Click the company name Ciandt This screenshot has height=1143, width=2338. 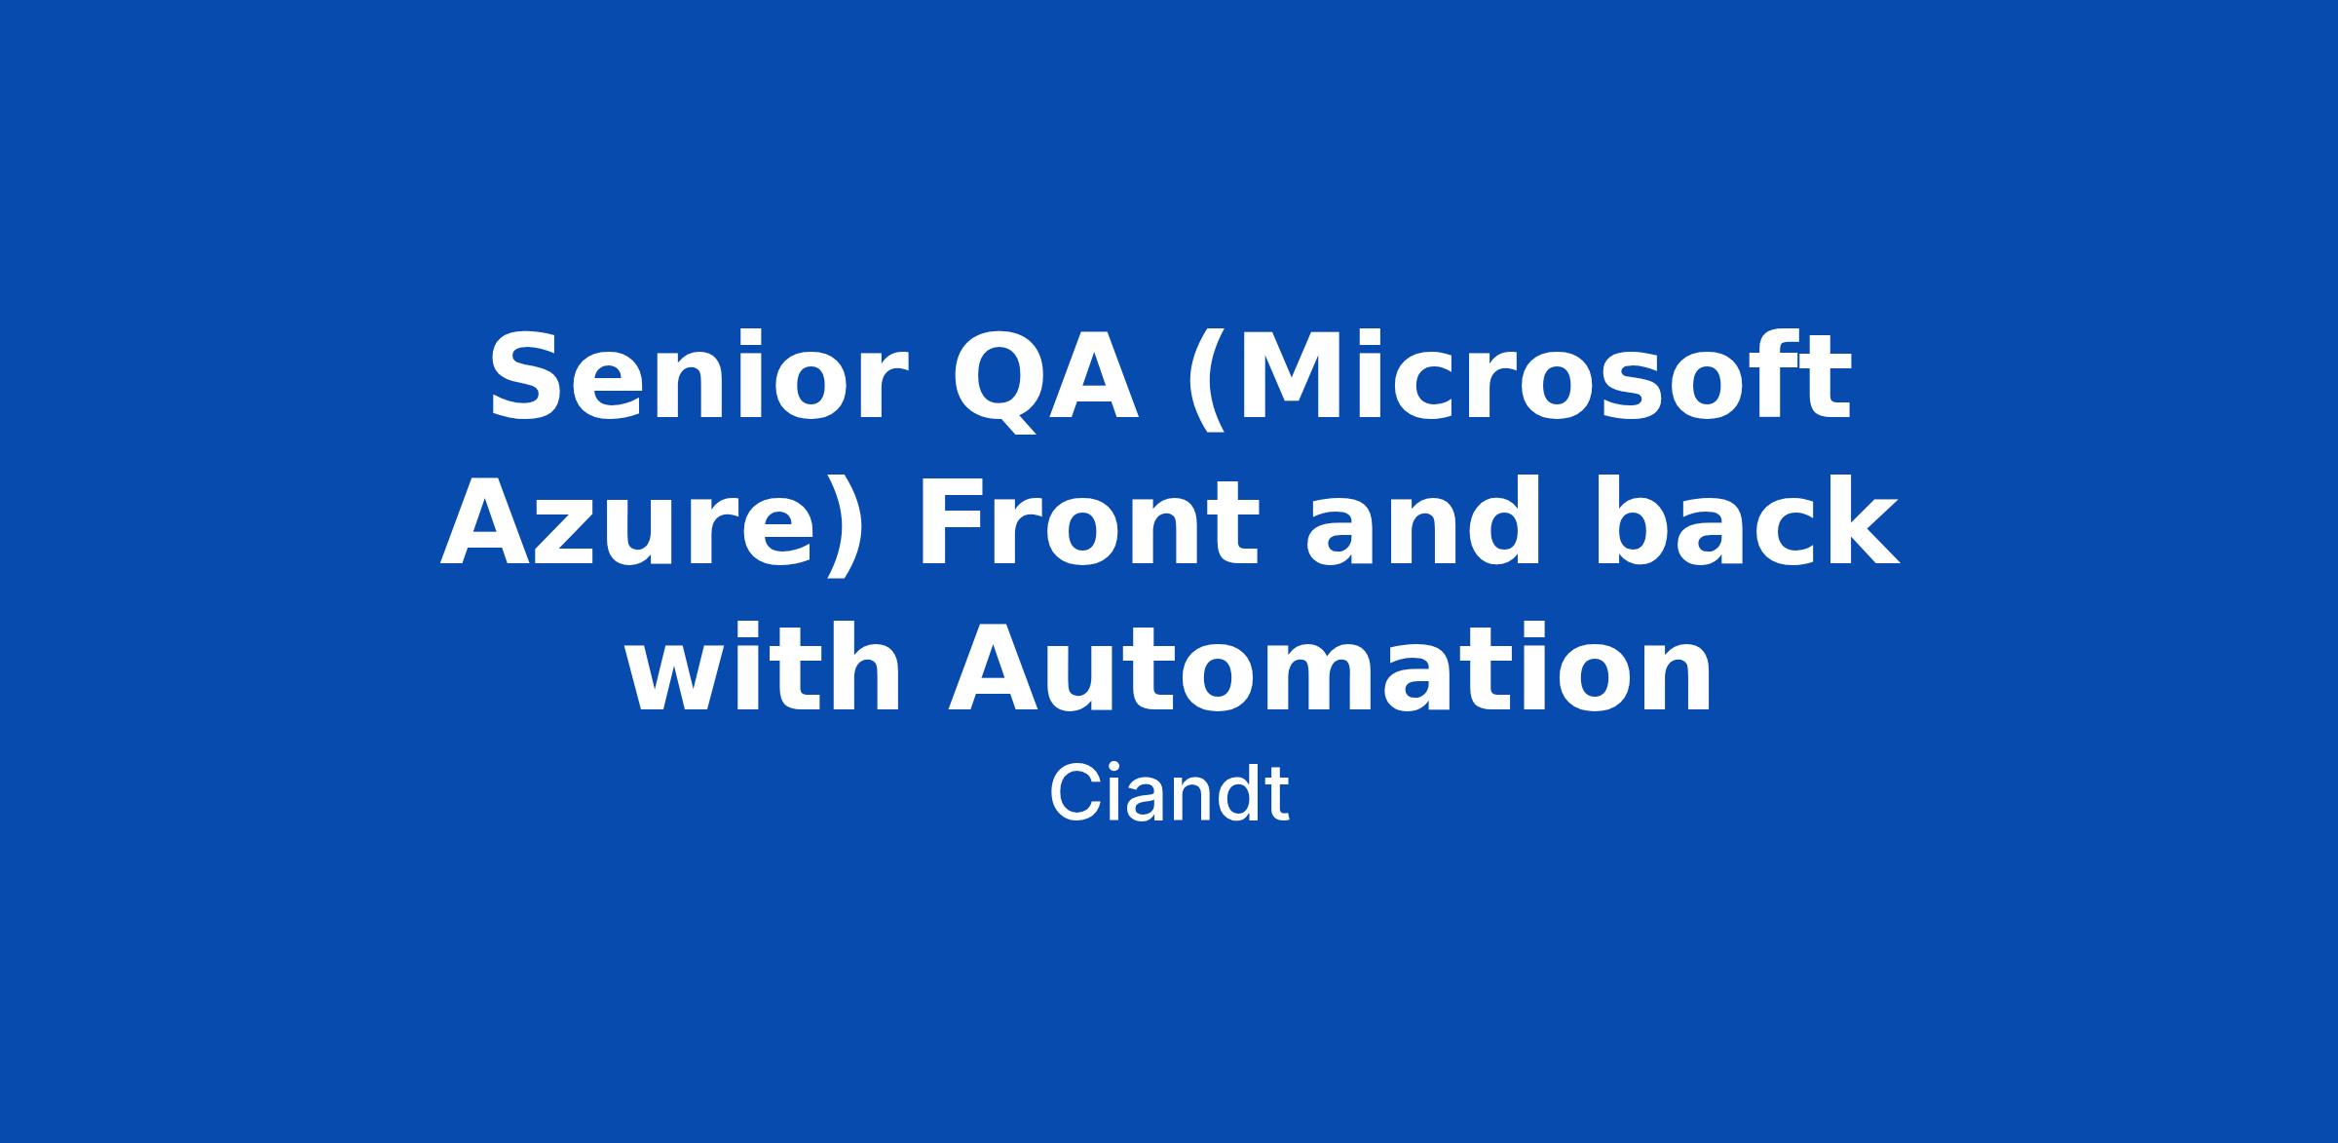[x=1169, y=795]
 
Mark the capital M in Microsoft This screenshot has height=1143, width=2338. [x=1295, y=376]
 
